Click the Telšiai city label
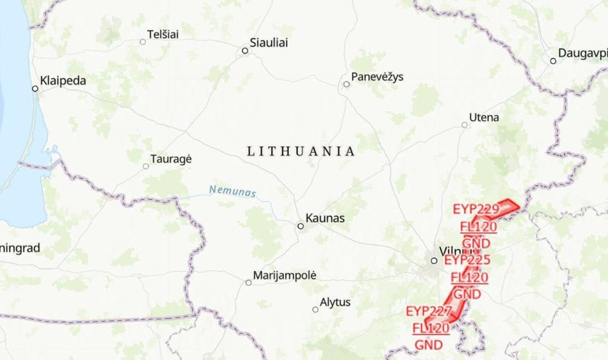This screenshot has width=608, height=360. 163,34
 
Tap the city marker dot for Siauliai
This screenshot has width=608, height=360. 245,51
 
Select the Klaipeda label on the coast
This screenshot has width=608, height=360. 63,81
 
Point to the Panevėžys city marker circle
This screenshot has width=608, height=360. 347,84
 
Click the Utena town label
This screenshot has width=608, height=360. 484,117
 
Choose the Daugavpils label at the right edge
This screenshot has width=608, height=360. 583,53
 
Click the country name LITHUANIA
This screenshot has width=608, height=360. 300,151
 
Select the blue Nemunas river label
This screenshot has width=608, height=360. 233,191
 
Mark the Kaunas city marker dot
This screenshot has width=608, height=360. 300,226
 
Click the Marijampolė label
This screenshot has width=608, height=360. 284,275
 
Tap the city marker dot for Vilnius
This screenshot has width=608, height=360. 434,261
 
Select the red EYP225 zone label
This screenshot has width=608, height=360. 467,260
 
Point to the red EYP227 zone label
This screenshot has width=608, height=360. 429,311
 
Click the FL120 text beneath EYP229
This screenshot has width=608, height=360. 478,226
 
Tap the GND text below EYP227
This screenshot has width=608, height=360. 429,345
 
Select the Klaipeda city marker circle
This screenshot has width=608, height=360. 35,89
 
